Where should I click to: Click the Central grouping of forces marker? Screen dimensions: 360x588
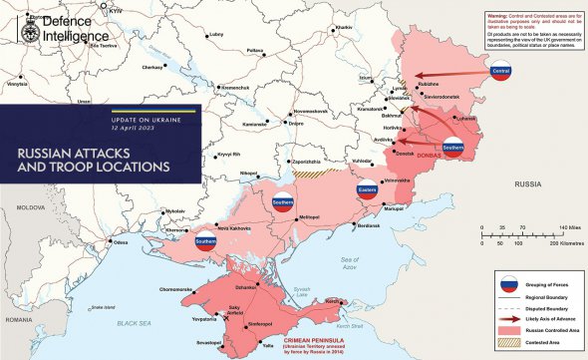501,71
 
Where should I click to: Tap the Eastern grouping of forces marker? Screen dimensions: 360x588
365,189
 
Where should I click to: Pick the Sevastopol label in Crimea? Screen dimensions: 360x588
207,342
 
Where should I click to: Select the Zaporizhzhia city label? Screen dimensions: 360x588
305,160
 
